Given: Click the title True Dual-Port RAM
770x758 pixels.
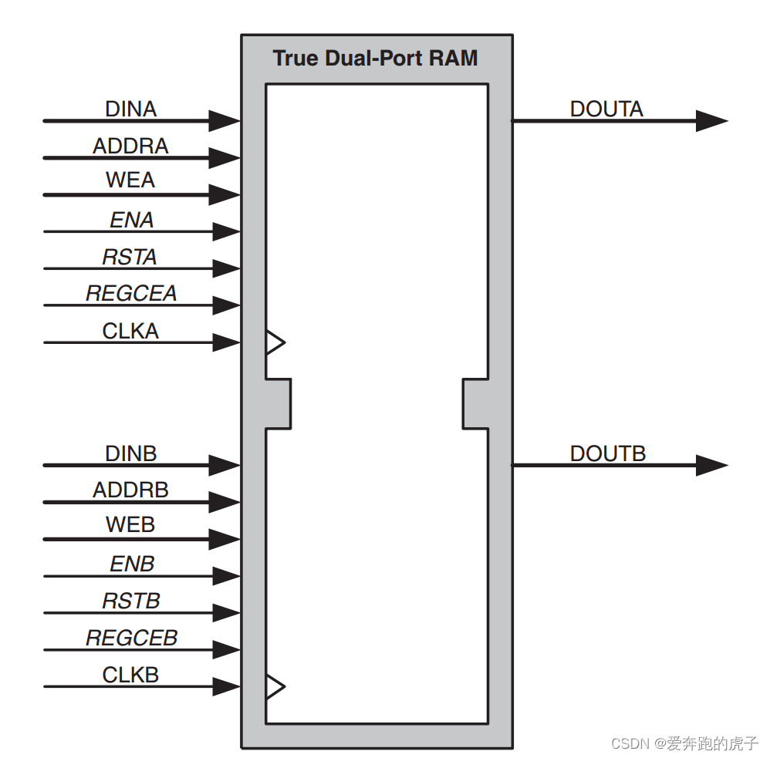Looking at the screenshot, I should click(375, 59).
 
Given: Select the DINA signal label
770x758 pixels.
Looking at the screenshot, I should click(131, 109).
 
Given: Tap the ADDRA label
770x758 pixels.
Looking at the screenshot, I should click(130, 146).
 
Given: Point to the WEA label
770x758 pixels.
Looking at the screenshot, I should click(130, 180).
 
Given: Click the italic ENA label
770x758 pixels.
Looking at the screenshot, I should click(131, 221).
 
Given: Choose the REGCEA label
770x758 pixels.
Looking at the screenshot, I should click(131, 294).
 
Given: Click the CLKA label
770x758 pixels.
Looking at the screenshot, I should click(130, 331).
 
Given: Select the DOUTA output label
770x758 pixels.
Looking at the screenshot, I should click(606, 109).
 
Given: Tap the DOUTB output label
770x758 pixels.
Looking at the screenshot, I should click(607, 453).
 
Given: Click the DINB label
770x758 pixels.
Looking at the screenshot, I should click(131, 453).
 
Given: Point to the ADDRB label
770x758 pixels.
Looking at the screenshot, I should click(130, 490).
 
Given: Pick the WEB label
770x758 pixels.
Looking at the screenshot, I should click(130, 525).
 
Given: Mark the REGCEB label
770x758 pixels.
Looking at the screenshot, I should click(131, 638).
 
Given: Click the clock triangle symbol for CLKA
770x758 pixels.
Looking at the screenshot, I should click(275, 342).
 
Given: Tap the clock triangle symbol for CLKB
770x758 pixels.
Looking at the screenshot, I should click(275, 686).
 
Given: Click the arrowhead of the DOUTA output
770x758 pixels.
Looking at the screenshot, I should click(711, 121).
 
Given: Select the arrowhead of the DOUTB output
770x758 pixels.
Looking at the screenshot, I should click(711, 466).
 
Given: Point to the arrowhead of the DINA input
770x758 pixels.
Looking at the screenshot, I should click(225, 120).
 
